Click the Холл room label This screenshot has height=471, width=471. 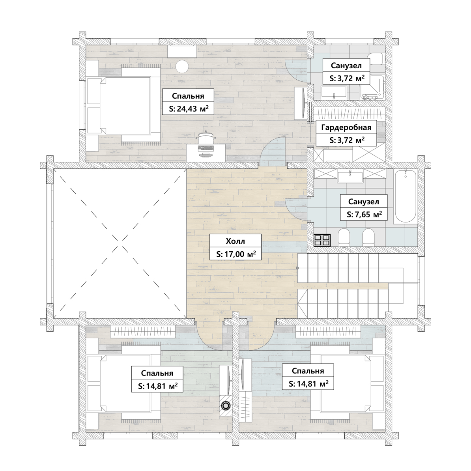point(235,241)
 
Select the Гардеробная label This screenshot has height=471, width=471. point(346,127)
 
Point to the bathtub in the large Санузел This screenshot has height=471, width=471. point(406,196)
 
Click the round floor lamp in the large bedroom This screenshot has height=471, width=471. point(182,66)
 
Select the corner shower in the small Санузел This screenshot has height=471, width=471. point(372,88)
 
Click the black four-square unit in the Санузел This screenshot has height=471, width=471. point(322,240)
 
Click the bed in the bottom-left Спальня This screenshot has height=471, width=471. point(125,383)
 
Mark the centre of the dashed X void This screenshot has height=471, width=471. point(120,243)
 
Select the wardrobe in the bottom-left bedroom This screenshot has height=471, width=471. point(143,332)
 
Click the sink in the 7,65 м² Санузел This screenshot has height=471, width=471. point(350,176)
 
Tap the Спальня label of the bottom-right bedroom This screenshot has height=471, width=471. point(308,371)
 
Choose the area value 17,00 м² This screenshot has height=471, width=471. point(236,254)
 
